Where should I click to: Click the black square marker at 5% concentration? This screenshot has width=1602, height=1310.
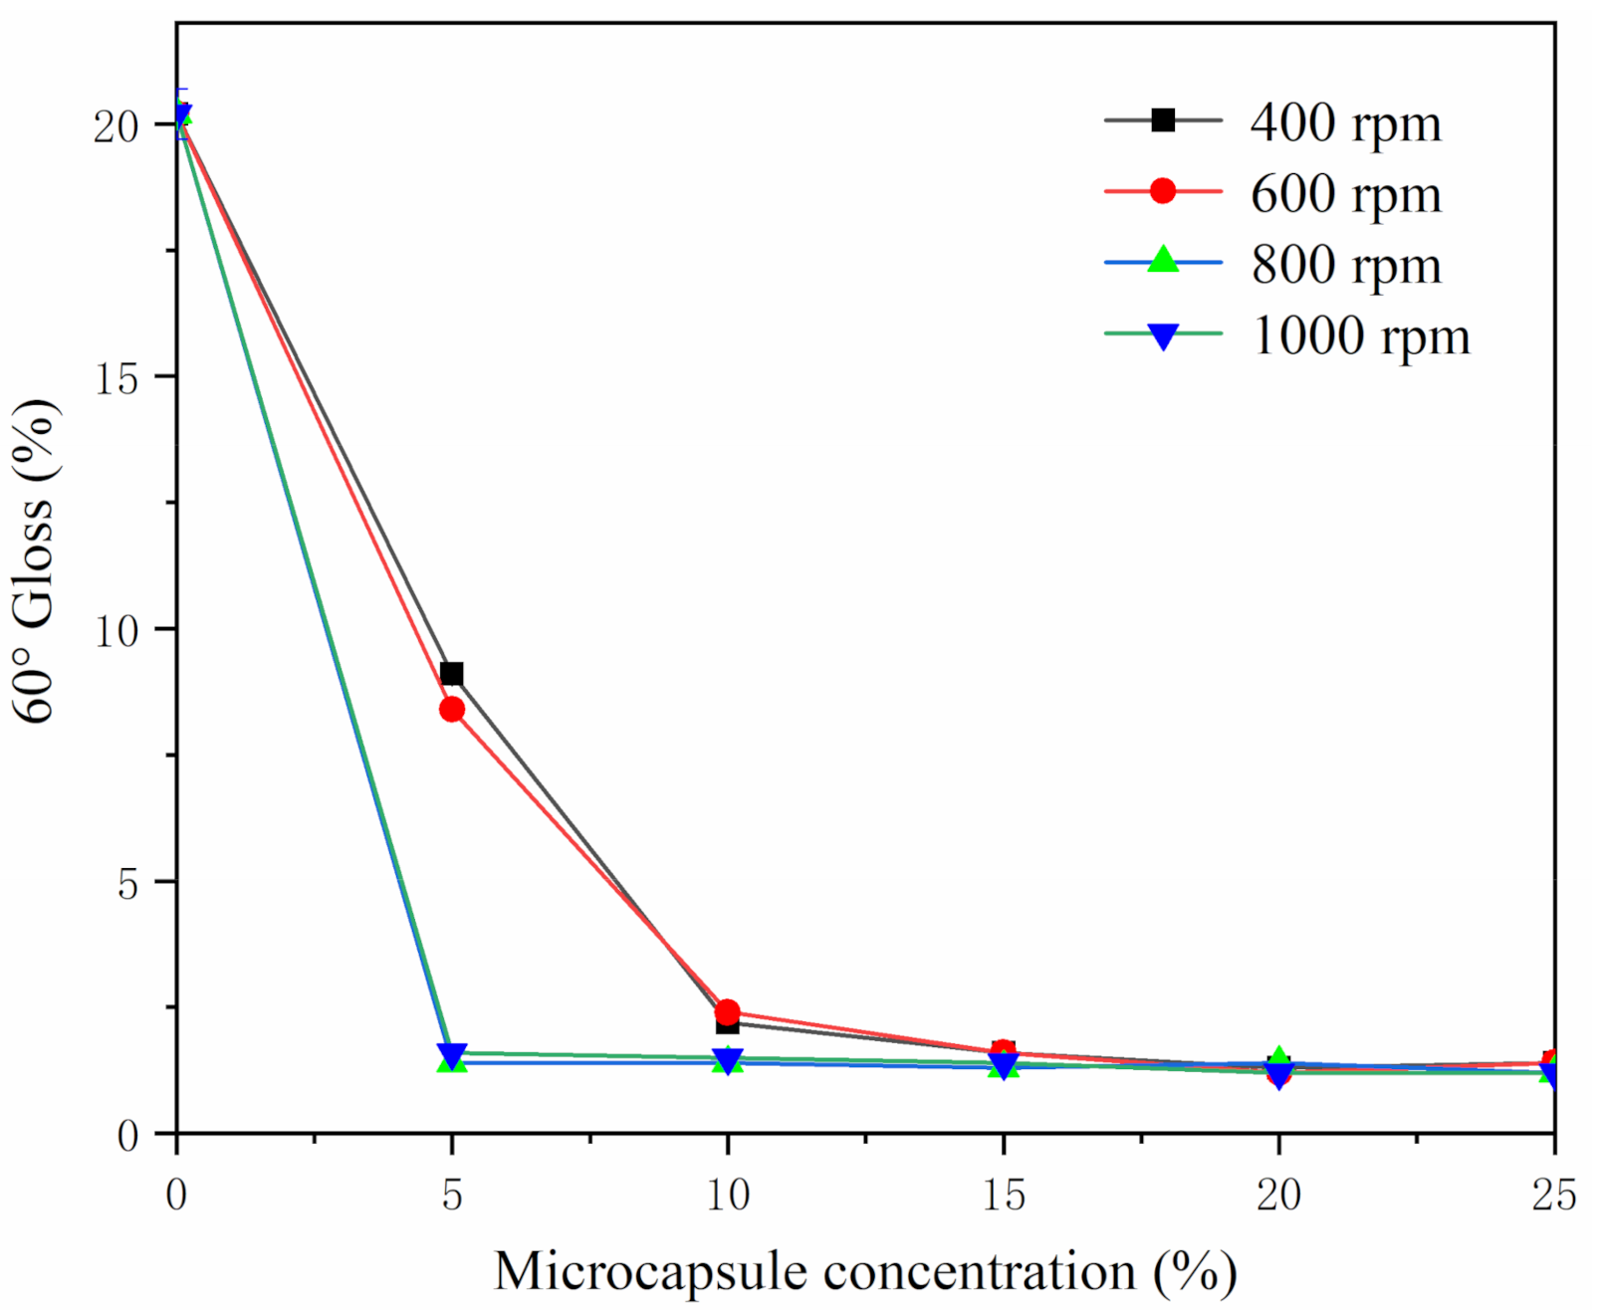click(x=451, y=674)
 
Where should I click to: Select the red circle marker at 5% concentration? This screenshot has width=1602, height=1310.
click(x=451, y=710)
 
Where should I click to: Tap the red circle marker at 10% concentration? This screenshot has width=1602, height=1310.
click(x=727, y=1012)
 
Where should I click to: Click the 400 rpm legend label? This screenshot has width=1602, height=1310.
click(x=1345, y=124)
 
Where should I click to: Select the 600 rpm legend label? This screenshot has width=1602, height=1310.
click(x=1345, y=195)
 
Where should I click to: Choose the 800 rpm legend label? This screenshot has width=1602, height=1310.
click(x=1345, y=266)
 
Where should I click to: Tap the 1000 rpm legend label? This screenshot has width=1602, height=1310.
click(x=1359, y=336)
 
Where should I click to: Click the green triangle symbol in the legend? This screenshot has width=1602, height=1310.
click(x=1162, y=261)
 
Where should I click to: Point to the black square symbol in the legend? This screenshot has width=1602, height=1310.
click(x=1162, y=120)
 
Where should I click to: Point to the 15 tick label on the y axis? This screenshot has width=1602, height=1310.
click(x=116, y=378)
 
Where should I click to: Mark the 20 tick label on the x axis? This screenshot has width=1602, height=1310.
click(x=1278, y=1195)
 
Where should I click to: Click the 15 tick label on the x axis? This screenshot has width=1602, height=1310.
click(x=1003, y=1195)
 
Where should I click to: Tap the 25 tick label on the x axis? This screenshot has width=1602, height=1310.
click(x=1553, y=1195)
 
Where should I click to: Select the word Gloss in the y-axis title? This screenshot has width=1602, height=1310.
click(x=36, y=562)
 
